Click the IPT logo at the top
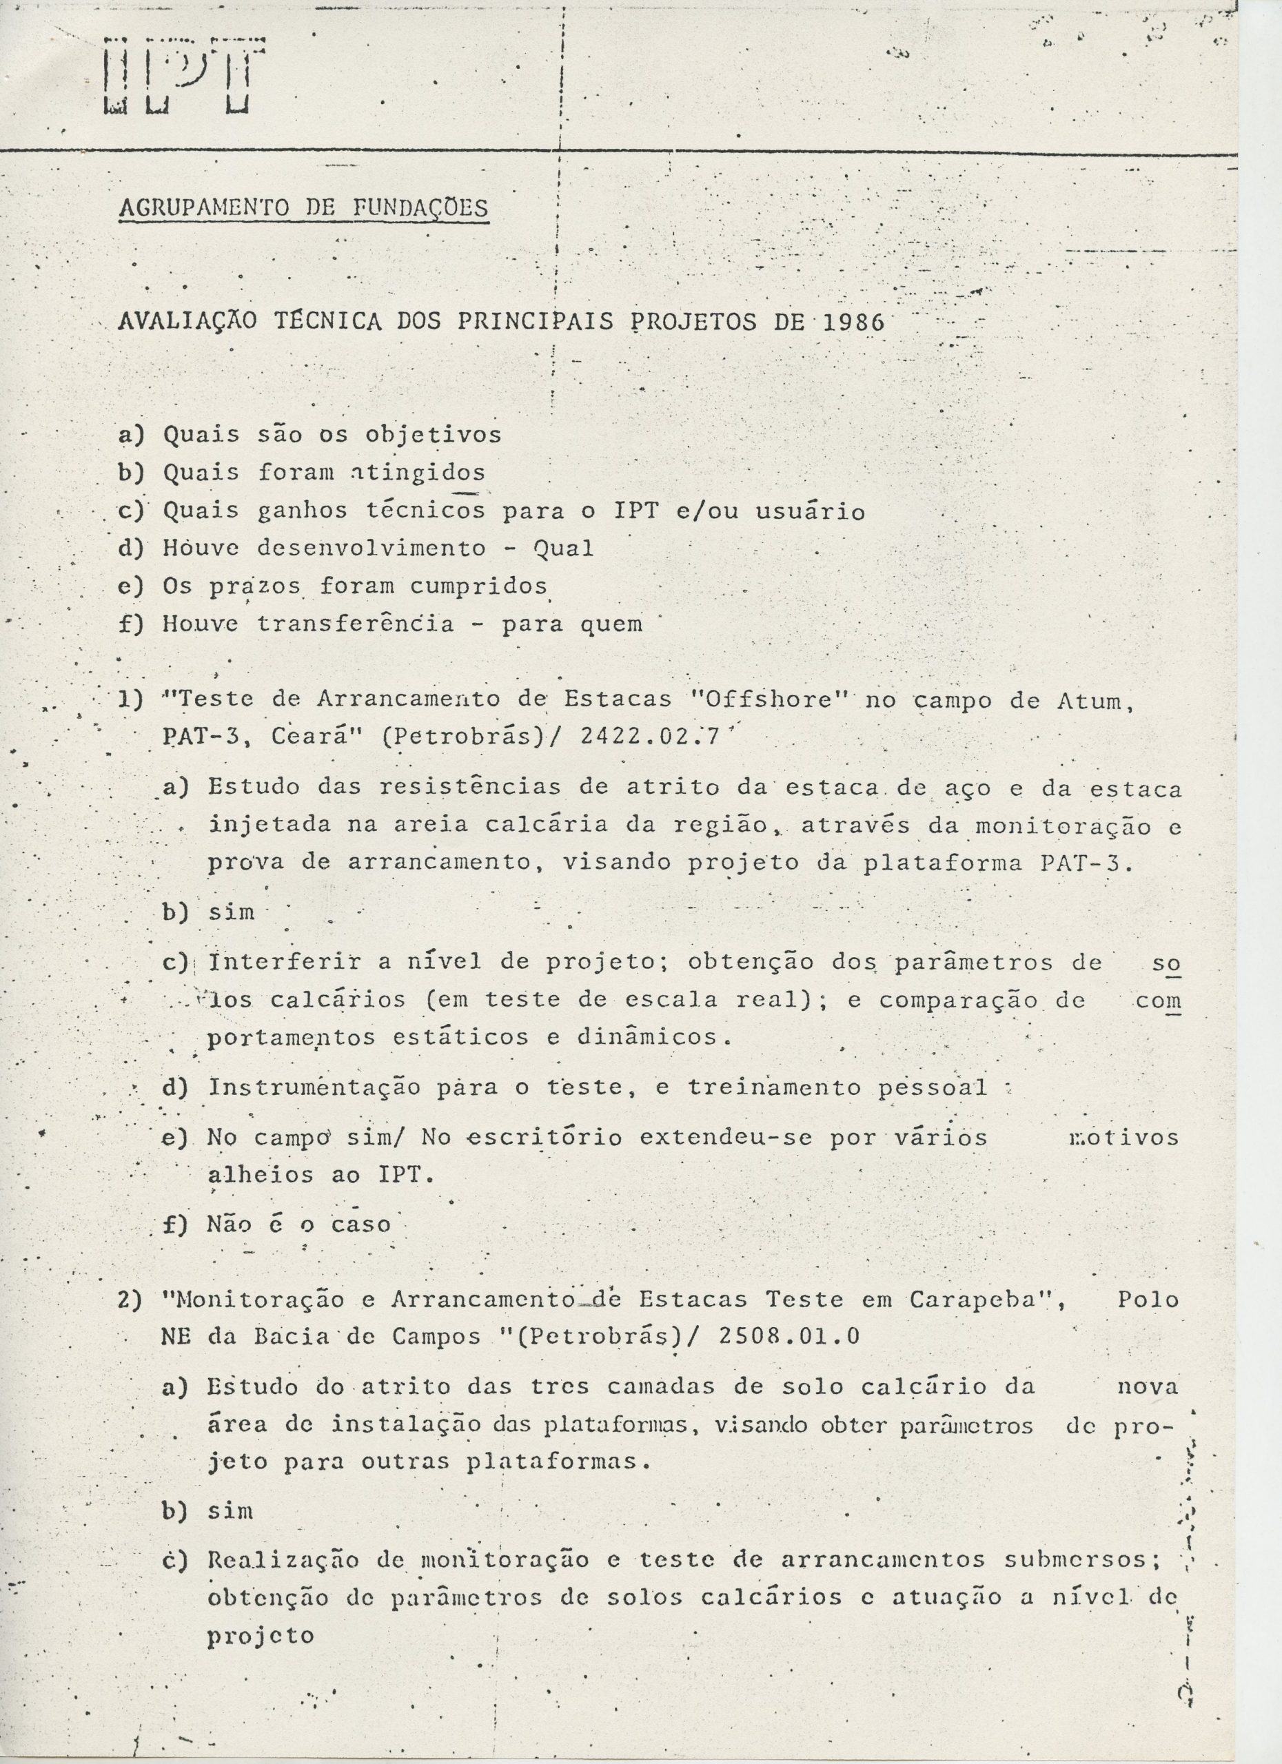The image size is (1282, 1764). click(184, 75)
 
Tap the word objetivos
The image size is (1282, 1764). click(434, 434)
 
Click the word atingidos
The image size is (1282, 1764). click(418, 472)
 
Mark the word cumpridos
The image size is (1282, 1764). click(478, 586)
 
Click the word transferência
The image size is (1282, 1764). click(356, 624)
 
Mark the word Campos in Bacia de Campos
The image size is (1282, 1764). click(437, 1336)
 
